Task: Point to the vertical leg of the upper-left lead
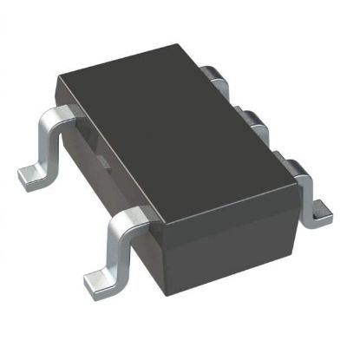(x=44, y=144)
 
